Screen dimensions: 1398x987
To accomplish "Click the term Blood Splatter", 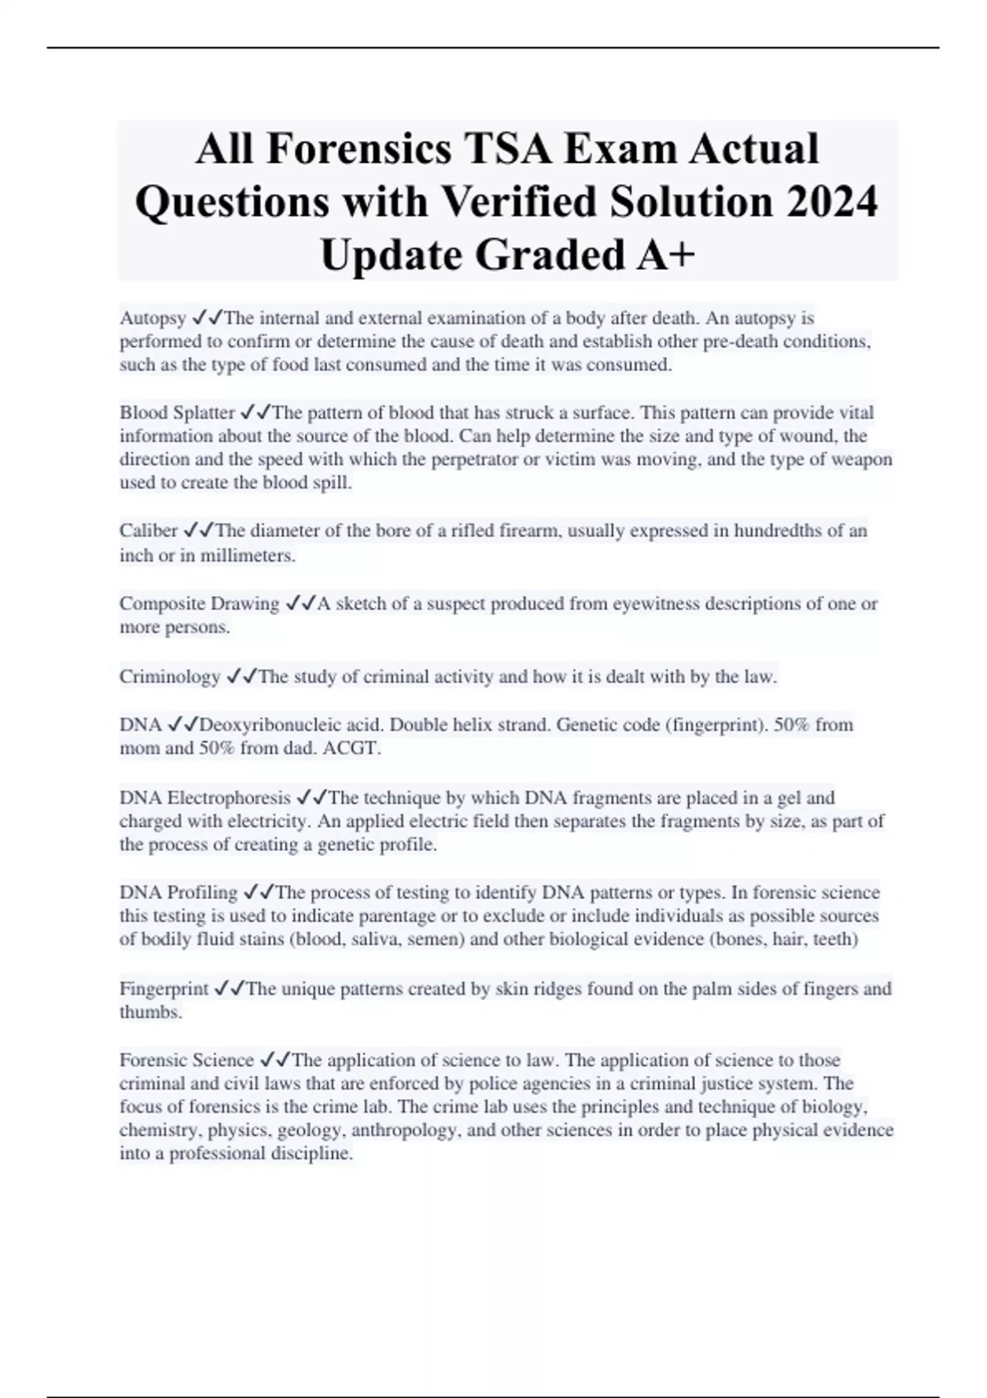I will pos(177,413).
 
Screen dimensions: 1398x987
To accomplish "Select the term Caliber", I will pos(148,531).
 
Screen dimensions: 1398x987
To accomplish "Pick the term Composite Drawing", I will pos(199,604).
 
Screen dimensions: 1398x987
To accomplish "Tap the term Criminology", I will pos(169,677).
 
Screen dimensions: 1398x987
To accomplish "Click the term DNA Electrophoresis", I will pos(205,798).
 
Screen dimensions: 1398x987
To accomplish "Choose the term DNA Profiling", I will pos(178,893).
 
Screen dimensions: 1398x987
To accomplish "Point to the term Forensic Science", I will pos(187,1060).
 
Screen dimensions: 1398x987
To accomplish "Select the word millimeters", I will pos(248,556).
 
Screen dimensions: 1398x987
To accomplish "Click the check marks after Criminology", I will pos(241,677).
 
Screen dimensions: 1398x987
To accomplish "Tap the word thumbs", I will pos(150,1012).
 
